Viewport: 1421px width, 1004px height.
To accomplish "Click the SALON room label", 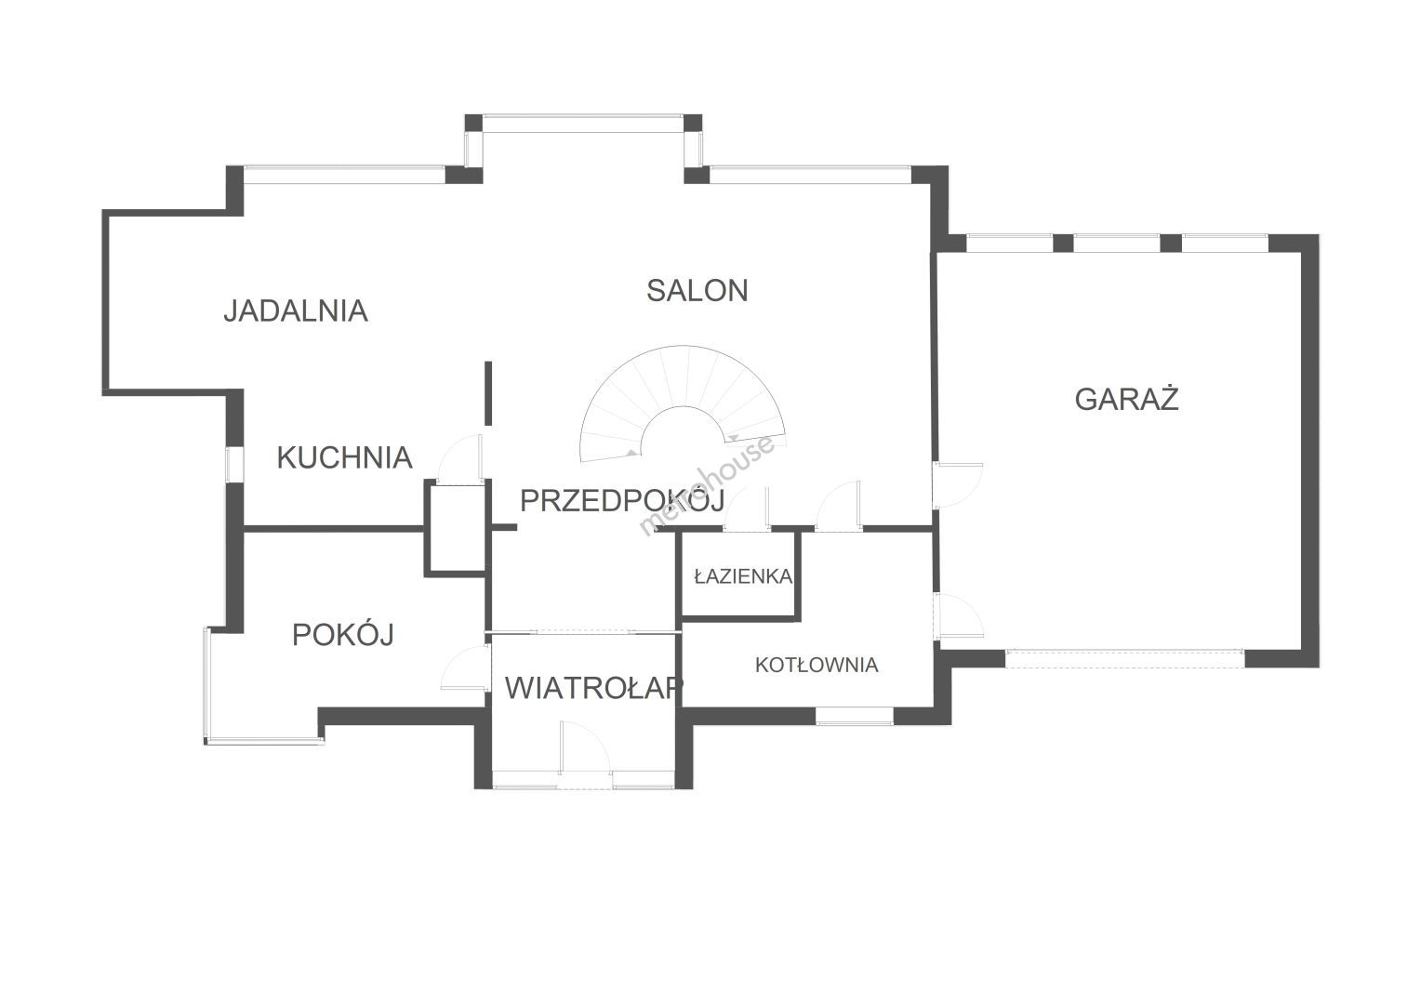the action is [x=697, y=290].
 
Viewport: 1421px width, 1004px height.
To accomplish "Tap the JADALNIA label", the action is [x=296, y=310].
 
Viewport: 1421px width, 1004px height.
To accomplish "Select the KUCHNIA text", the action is [x=344, y=457].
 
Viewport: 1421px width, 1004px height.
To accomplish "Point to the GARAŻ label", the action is [x=1126, y=399].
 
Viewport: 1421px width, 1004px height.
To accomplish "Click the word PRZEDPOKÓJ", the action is [x=622, y=500].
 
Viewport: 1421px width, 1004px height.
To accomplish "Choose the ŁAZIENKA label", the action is [x=743, y=575].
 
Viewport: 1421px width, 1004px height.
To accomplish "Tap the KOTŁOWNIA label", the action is [x=817, y=665].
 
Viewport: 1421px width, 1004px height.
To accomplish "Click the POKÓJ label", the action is [x=343, y=634].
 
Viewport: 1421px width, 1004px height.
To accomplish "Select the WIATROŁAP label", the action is [x=593, y=688].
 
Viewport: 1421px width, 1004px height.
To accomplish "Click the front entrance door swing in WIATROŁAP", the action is [x=584, y=747].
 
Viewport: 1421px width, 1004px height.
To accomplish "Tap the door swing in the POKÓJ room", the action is [x=465, y=667].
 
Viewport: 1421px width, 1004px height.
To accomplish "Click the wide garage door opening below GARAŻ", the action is [x=1124, y=658].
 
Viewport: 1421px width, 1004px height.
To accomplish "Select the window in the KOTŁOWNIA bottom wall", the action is [x=854, y=716].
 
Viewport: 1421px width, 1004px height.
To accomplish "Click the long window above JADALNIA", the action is [x=344, y=175].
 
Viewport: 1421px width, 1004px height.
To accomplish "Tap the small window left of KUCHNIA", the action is [x=234, y=466].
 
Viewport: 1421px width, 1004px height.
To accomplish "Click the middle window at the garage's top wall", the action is [x=1117, y=243].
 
